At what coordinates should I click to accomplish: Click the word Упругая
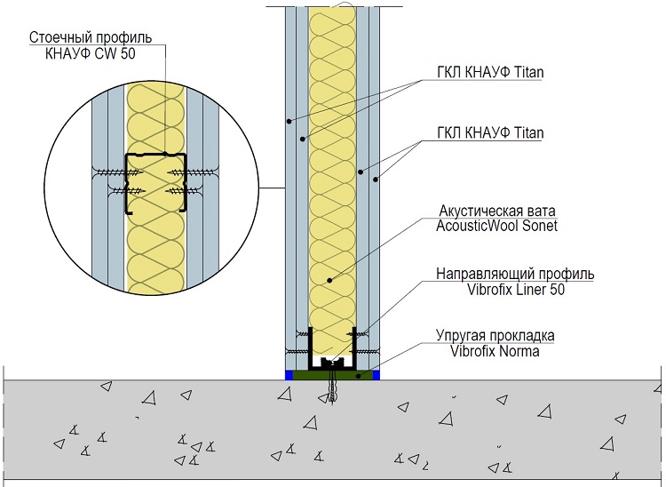click(x=462, y=336)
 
